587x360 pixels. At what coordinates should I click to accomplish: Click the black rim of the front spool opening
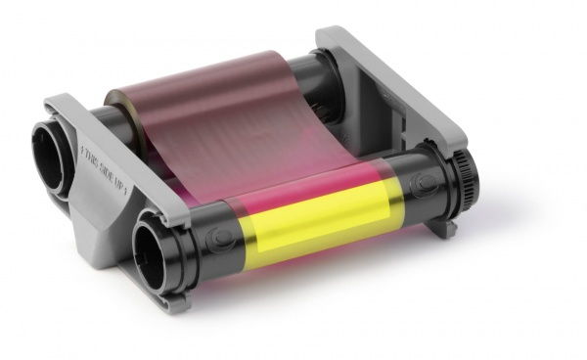coord(140,245)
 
